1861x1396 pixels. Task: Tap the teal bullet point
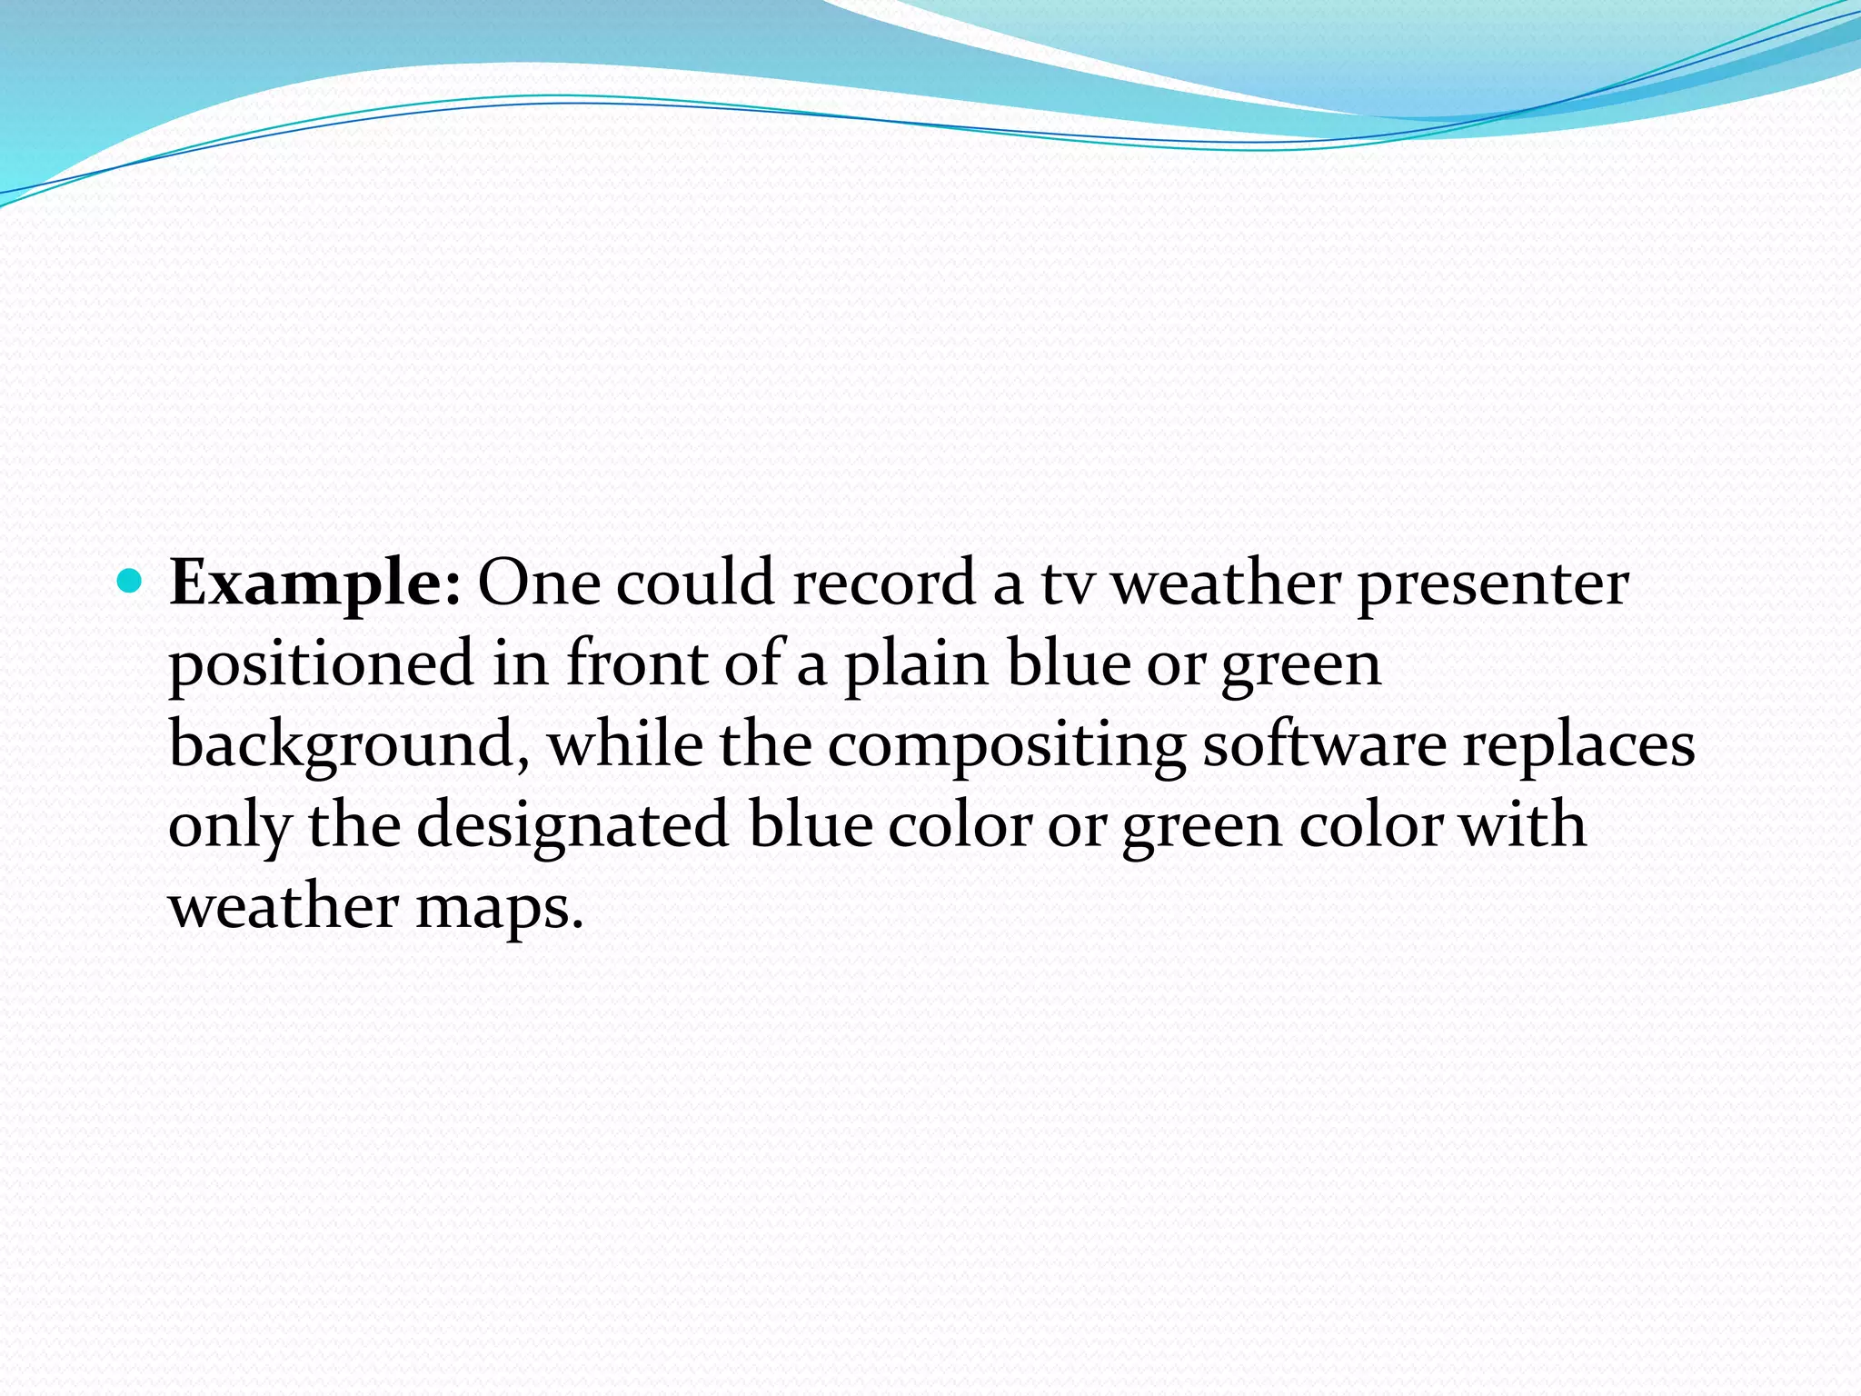pos(131,580)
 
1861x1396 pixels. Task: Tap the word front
pos(636,663)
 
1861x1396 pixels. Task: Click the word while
pos(626,743)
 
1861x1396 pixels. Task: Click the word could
pos(695,583)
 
